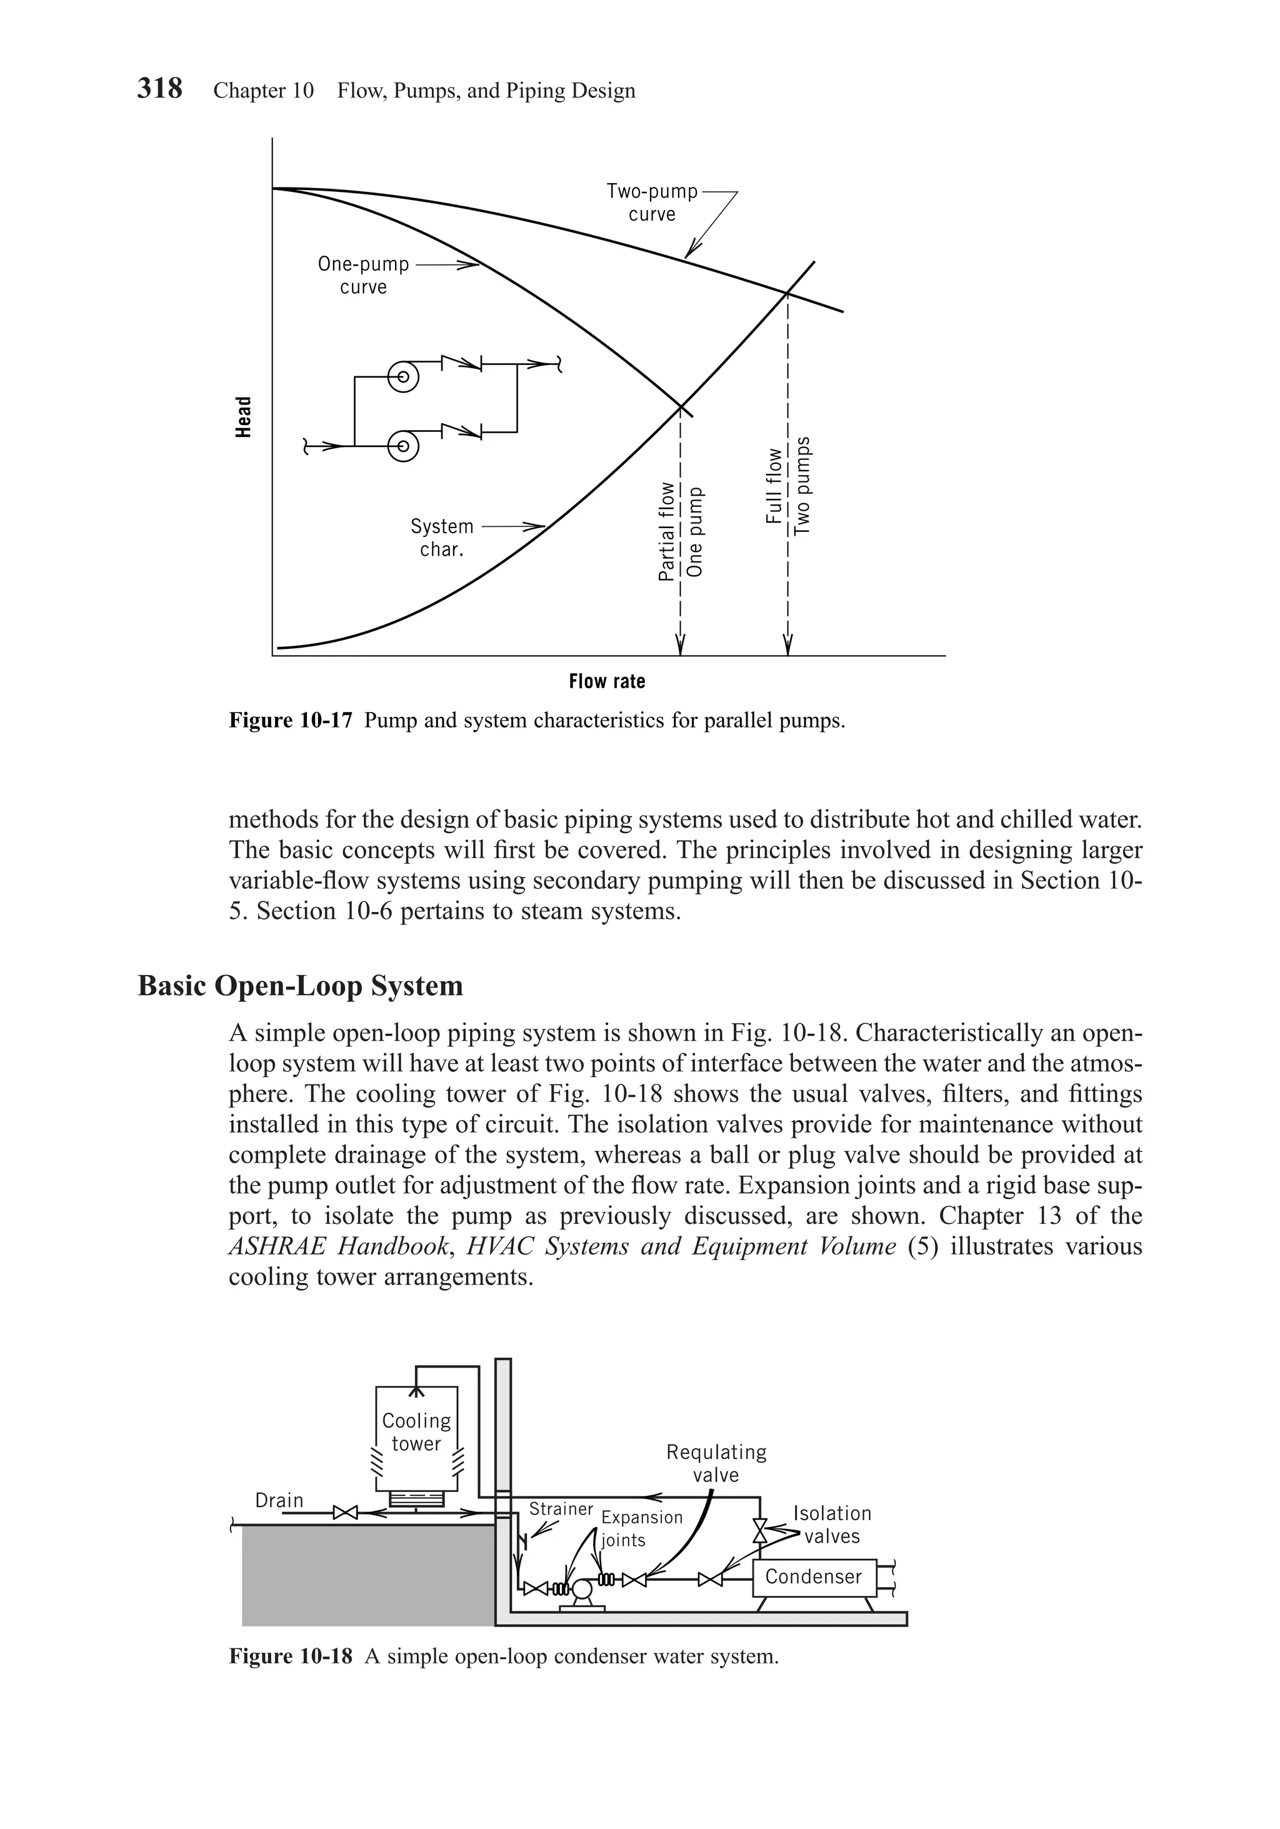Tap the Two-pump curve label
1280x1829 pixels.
point(651,203)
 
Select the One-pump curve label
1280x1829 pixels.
point(363,275)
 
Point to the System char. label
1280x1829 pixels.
point(441,538)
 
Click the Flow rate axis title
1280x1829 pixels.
point(607,681)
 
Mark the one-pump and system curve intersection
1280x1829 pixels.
point(681,407)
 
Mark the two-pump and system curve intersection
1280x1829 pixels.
point(787,293)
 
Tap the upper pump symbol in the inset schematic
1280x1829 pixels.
point(403,376)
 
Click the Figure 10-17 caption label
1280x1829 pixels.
point(290,721)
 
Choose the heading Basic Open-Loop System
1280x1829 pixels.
point(300,985)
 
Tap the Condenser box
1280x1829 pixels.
point(813,1576)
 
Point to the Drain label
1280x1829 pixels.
point(279,1500)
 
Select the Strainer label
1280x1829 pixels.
point(561,1509)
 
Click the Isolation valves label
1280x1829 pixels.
point(832,1525)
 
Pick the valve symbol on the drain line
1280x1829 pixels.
point(346,1512)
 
